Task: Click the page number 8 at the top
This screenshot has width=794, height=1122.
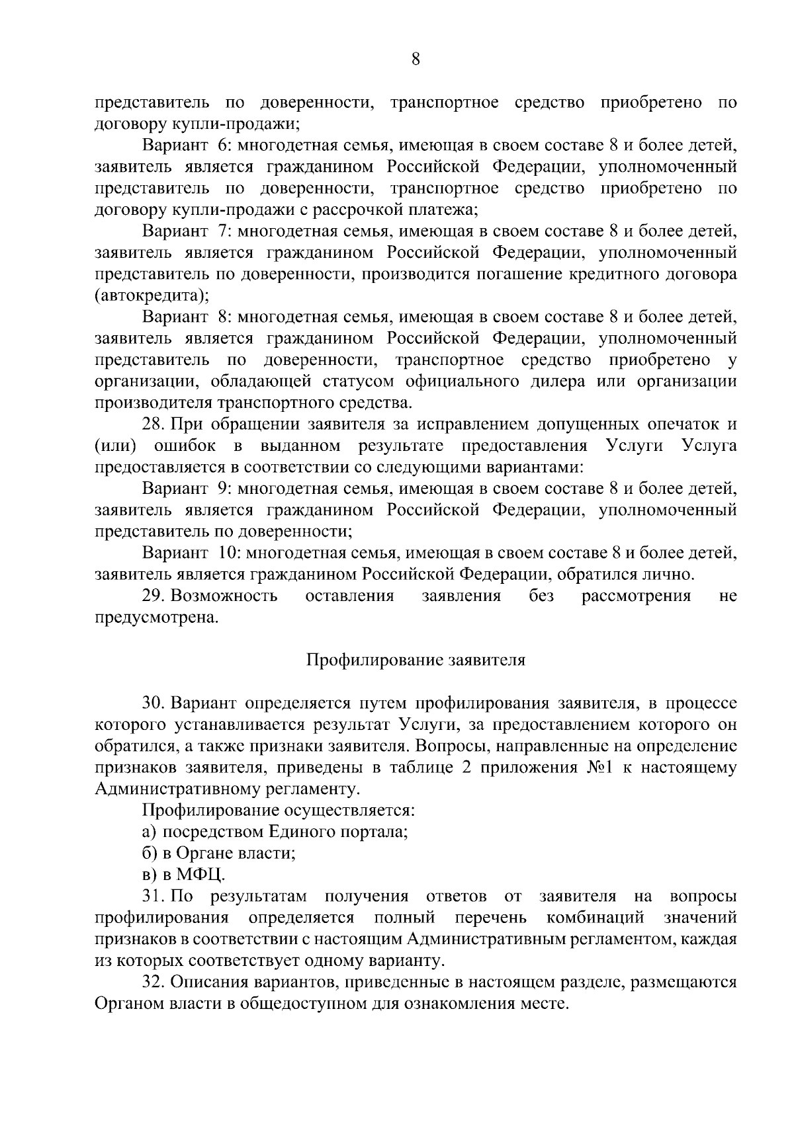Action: [x=415, y=60]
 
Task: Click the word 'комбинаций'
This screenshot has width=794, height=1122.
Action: [x=595, y=918]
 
